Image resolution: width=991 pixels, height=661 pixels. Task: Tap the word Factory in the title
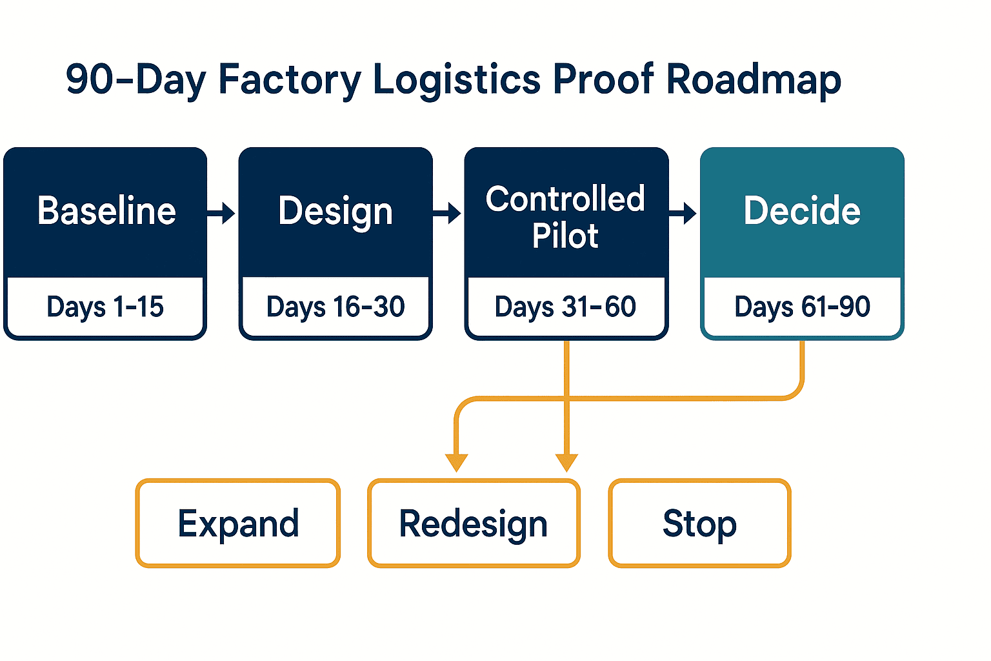(x=290, y=81)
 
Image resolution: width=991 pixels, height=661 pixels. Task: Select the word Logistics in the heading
(x=457, y=81)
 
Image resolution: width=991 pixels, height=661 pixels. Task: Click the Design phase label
(x=335, y=212)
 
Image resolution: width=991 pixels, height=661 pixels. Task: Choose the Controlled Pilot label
(x=565, y=217)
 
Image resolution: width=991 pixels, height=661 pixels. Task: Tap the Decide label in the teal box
(x=802, y=210)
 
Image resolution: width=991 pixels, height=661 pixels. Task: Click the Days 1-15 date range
(x=105, y=307)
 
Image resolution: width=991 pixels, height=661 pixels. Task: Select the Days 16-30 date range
(x=335, y=307)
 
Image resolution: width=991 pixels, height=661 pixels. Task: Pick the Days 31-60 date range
(x=565, y=307)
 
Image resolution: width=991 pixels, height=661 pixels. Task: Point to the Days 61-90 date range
(x=802, y=307)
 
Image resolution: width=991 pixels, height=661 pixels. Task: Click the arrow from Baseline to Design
(x=221, y=214)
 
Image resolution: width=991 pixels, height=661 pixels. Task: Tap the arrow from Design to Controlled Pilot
(x=447, y=214)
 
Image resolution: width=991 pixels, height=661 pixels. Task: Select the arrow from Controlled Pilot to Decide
(x=683, y=214)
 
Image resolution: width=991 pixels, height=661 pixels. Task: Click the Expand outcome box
(x=238, y=523)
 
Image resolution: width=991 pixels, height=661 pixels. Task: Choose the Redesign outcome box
(x=474, y=523)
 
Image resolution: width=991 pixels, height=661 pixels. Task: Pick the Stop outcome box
(x=699, y=523)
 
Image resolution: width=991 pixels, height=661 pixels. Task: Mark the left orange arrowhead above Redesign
(x=457, y=463)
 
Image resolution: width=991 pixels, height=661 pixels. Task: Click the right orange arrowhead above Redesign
(x=566, y=463)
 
